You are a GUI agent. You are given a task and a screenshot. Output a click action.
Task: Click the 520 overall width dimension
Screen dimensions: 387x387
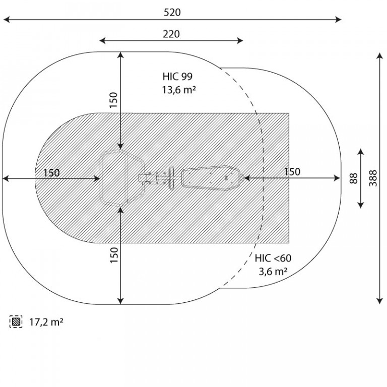click(x=172, y=12)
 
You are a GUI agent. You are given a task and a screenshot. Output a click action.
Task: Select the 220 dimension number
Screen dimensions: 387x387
click(x=171, y=34)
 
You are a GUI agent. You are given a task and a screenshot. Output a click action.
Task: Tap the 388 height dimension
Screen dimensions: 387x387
click(x=373, y=178)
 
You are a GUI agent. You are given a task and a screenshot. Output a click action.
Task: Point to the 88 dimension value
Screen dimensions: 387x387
click(x=353, y=178)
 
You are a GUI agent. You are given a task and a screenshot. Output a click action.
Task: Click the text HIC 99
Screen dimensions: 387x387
click(x=177, y=76)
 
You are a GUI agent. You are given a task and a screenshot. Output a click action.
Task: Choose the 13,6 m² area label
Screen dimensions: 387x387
click(x=179, y=90)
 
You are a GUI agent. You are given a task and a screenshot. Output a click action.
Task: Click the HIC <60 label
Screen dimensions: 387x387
click(x=273, y=258)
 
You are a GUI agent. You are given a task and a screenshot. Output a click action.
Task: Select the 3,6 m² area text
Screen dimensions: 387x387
click(x=273, y=272)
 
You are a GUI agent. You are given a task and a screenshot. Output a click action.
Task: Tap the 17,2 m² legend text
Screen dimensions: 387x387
click(x=46, y=322)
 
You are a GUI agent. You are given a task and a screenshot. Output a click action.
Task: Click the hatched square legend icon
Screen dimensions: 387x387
click(x=16, y=321)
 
